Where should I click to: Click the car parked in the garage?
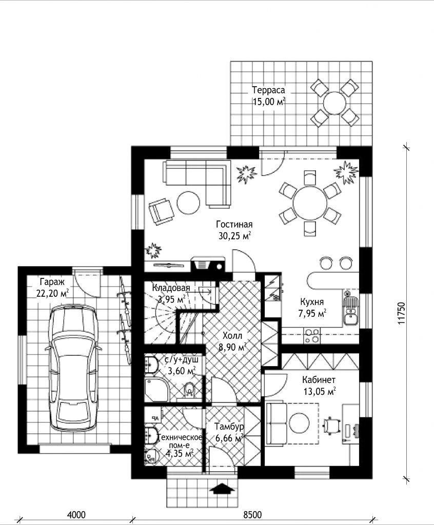[73, 368]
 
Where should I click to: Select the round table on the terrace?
[335, 103]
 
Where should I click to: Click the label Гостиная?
[234, 224]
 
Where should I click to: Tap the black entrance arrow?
[222, 489]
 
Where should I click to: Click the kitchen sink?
[351, 308]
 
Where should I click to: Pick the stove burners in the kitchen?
[312, 336]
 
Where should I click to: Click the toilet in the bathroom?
[189, 390]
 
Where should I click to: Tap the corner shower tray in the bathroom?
[155, 390]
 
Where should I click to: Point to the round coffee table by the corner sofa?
[188, 203]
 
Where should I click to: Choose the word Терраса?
[268, 90]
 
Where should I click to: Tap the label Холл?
[232, 335]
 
